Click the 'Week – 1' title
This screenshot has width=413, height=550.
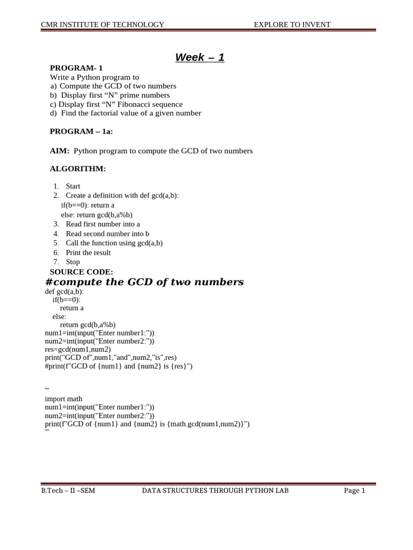click(200, 57)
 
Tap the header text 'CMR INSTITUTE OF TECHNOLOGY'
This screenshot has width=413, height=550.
click(103, 24)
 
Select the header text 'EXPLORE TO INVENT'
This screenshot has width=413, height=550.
click(292, 24)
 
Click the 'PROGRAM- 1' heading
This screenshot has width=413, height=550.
click(76, 68)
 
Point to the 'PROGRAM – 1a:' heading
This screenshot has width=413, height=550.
click(81, 132)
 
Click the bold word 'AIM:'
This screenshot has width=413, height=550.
click(60, 151)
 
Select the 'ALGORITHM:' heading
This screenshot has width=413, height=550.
click(78, 169)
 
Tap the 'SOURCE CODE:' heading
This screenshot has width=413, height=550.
click(81, 272)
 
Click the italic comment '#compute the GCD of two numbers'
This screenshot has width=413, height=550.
click(144, 282)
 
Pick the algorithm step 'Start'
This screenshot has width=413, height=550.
click(73, 186)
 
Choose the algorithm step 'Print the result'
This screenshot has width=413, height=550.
click(88, 252)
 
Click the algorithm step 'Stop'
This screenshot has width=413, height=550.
click(73, 262)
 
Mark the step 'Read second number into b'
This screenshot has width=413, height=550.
click(108, 234)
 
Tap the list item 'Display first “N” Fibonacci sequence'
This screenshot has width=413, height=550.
click(120, 104)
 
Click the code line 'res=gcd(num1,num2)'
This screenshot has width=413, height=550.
click(78, 349)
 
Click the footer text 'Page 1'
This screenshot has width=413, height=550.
click(354, 490)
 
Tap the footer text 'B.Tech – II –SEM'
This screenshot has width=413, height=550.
click(68, 490)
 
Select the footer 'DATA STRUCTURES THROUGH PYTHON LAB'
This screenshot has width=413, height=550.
click(215, 490)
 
